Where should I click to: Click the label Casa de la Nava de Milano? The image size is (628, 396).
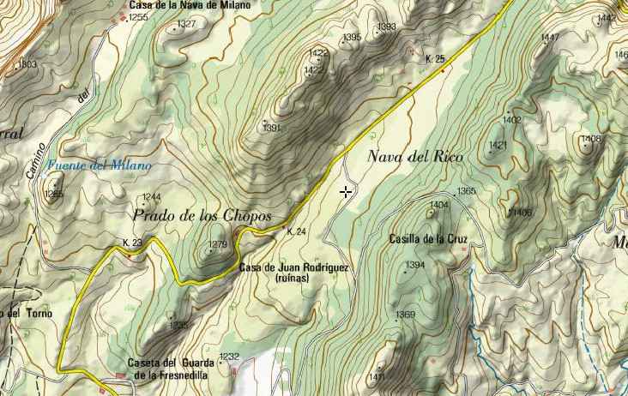click(x=190, y=5)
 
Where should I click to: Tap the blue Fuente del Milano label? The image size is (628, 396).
click(x=100, y=165)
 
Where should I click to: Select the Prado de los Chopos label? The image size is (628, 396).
click(x=202, y=215)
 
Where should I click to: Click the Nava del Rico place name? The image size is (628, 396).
click(x=414, y=157)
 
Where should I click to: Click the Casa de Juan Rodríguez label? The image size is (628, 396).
click(x=293, y=267)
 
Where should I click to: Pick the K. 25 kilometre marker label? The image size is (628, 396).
click(x=435, y=59)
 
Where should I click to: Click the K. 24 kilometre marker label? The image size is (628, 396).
click(x=296, y=231)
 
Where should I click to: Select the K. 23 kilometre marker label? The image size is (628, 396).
click(x=132, y=243)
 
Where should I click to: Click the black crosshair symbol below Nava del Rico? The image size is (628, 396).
click(x=346, y=192)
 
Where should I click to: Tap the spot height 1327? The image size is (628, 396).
click(x=186, y=24)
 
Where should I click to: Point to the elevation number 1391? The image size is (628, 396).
click(x=272, y=128)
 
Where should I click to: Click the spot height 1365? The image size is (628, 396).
click(x=466, y=191)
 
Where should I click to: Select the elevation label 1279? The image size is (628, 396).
click(x=218, y=245)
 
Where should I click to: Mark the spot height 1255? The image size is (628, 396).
click(x=138, y=17)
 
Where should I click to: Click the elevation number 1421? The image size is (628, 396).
click(x=498, y=146)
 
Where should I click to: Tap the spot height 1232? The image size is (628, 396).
click(x=229, y=356)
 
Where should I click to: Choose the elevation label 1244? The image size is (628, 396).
click(x=152, y=197)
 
